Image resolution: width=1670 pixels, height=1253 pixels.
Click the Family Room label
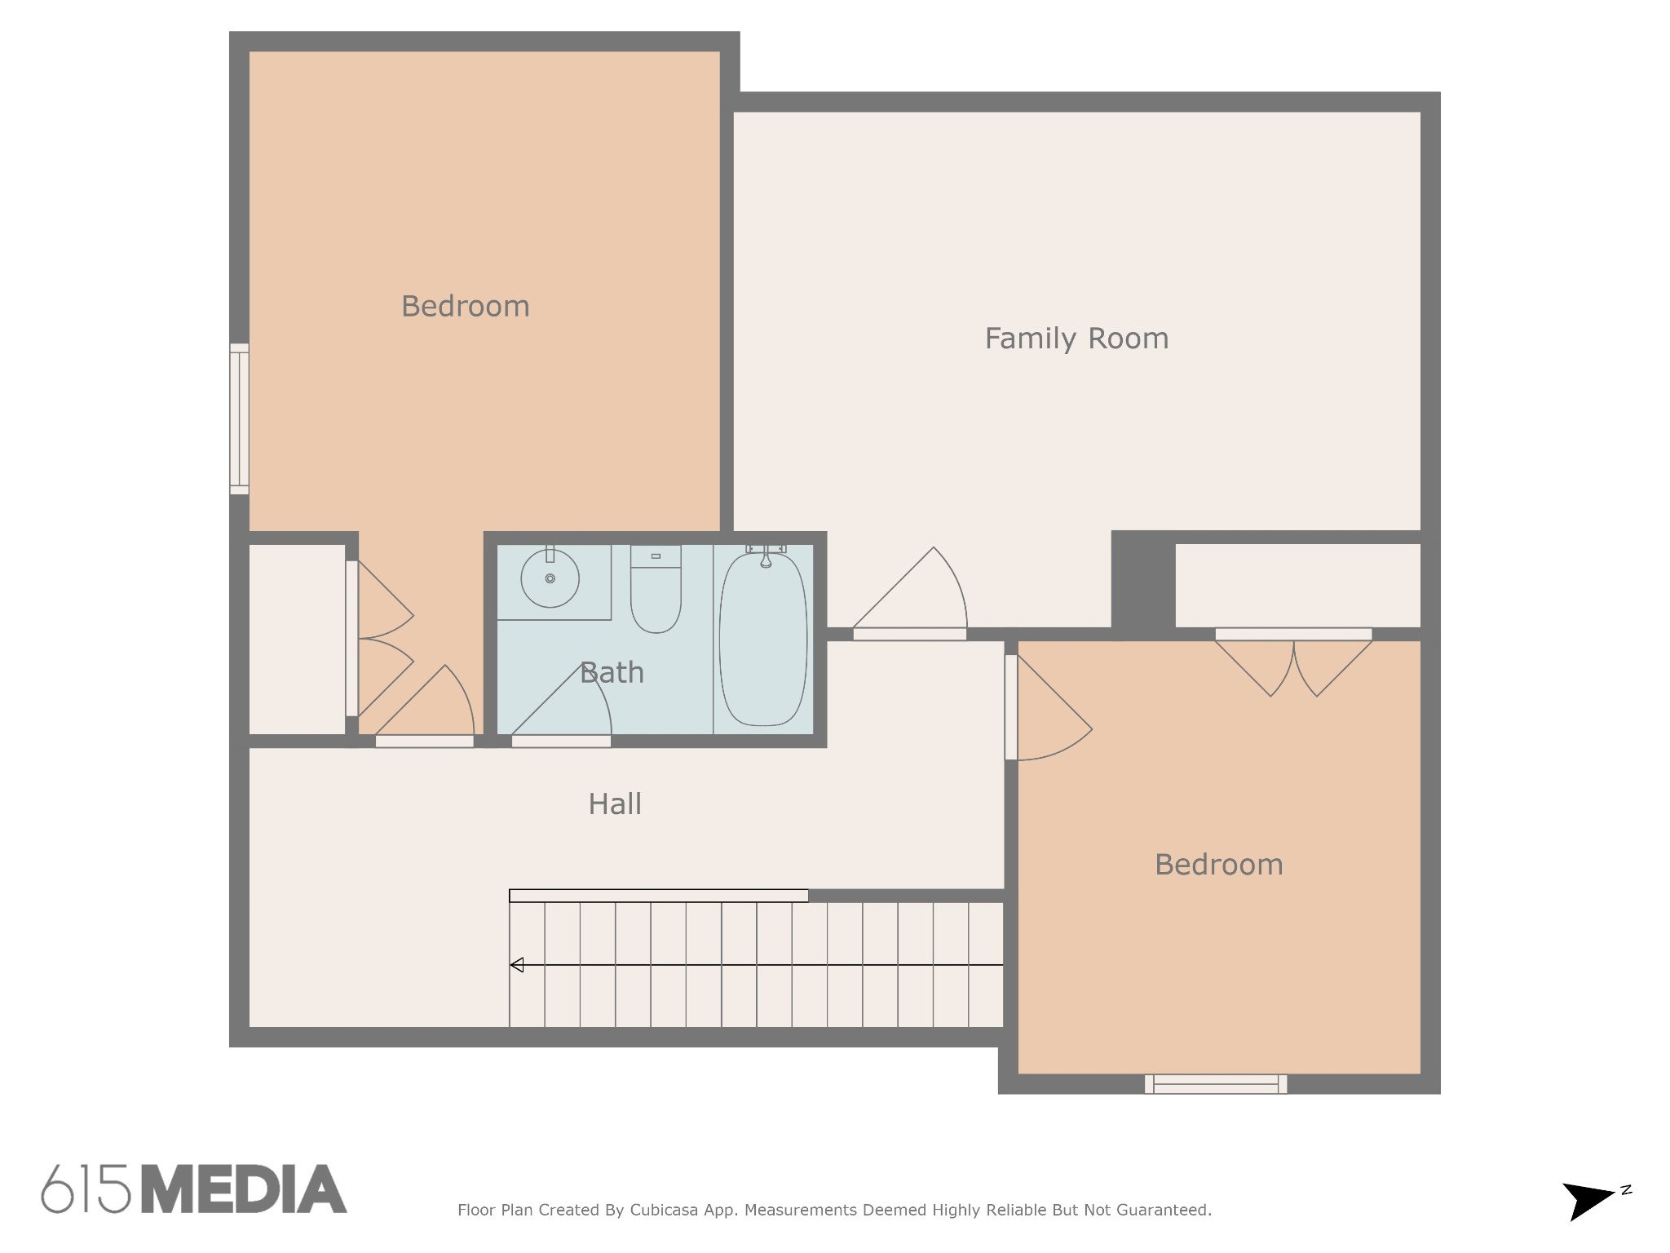pos(1076,339)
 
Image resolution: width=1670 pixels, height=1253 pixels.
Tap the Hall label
pos(615,804)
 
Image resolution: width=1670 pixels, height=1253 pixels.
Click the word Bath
pos(612,673)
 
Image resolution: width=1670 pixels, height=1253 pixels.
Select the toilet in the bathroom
pos(656,589)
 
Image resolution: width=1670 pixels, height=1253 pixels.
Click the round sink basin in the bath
pos(550,578)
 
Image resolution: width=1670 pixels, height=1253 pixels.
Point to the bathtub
pos(763,639)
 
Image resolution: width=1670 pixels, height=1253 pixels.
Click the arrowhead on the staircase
pos(516,965)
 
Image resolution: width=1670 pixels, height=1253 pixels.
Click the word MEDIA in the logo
pos(244,1189)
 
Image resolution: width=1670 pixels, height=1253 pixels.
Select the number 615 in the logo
pos(86,1189)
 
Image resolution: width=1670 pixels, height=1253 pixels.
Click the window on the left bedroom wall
pos(239,418)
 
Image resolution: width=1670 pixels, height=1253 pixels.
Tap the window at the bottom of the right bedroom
pos(1216,1084)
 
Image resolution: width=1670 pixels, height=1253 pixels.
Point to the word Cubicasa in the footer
pos(664,1210)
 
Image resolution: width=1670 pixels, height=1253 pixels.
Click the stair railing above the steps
pos(659,896)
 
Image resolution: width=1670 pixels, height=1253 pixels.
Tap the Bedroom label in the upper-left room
pos(466,307)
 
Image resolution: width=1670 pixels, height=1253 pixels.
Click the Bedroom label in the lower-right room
pos(1219,865)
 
